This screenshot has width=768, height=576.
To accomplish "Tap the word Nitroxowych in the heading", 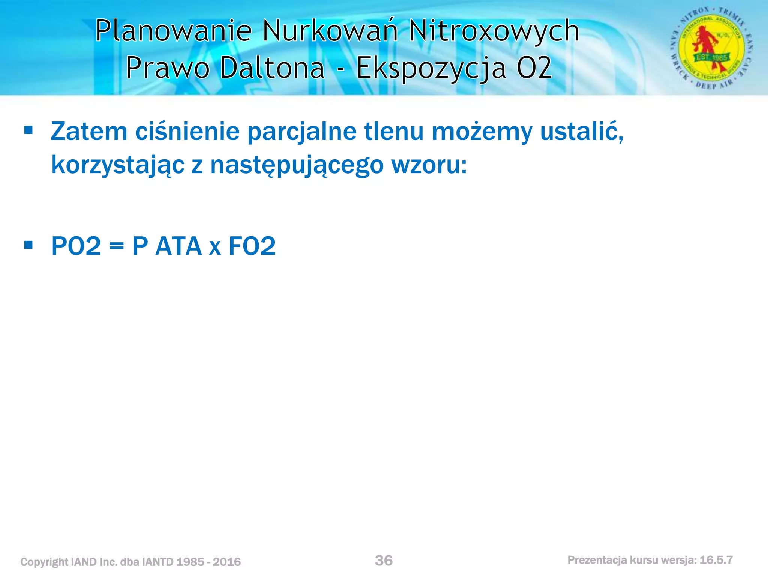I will point(494,31).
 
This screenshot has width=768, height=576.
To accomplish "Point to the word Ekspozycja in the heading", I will point(431,69).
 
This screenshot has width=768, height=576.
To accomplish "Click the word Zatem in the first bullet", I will point(89,132).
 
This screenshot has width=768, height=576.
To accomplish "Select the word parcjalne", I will point(302,132).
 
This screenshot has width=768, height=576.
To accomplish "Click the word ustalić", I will point(582,132).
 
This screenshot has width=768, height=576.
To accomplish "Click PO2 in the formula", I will point(76,246).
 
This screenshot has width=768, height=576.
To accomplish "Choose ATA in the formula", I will point(178,246).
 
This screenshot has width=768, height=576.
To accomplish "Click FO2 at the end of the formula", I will point(252,246).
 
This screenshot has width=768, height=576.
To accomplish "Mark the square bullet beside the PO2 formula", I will point(28,245).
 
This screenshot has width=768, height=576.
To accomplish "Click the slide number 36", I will point(384,561).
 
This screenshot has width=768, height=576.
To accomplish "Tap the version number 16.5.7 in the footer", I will point(716,560).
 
